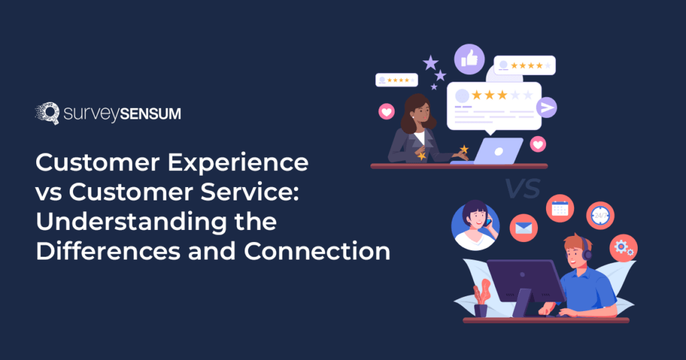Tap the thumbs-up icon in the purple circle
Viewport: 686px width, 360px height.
click(x=470, y=59)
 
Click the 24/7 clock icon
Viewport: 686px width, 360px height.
click(x=600, y=215)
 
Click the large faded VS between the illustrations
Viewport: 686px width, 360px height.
click(x=523, y=188)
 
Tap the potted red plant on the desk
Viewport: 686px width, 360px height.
click(x=481, y=299)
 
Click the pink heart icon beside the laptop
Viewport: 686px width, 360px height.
click(x=538, y=144)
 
